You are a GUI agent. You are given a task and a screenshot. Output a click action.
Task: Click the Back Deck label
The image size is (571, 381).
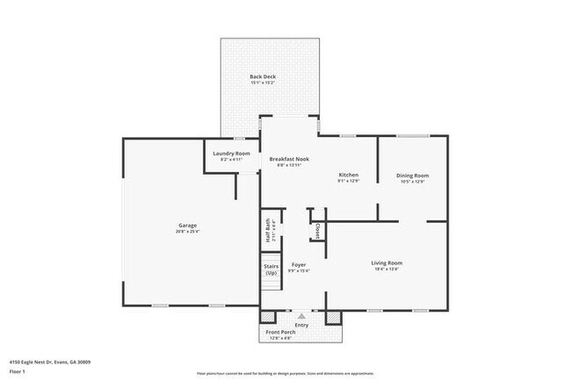(262, 78)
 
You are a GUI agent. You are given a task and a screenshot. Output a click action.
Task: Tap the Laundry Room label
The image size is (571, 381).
(232, 154)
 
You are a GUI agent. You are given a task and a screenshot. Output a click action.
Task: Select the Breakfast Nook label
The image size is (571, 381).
(290, 159)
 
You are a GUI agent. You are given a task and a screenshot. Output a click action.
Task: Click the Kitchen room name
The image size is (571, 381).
(349, 175)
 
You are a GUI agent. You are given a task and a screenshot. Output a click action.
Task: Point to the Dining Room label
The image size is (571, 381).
(412, 175)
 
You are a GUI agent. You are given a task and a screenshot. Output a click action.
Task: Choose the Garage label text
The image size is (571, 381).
(187, 226)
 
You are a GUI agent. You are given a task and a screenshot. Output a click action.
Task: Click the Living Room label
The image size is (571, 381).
(387, 262)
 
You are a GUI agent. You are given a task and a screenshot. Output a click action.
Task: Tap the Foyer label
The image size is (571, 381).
(299, 263)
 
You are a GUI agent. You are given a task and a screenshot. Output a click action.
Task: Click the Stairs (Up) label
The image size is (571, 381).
(271, 265)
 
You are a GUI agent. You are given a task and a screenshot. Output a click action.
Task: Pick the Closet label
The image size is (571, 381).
(316, 231)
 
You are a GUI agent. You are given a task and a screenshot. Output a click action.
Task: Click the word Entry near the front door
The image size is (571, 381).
(301, 325)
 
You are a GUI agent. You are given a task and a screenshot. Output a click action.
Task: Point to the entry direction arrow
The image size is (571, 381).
(301, 315)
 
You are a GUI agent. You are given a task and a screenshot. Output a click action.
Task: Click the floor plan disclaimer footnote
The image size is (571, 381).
(285, 373)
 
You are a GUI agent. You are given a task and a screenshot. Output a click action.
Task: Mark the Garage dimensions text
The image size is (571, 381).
(187, 232)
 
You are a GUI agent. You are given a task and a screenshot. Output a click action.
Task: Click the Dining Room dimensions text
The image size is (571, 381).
(412, 182)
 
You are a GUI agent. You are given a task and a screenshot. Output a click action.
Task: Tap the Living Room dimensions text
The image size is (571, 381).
(387, 270)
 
